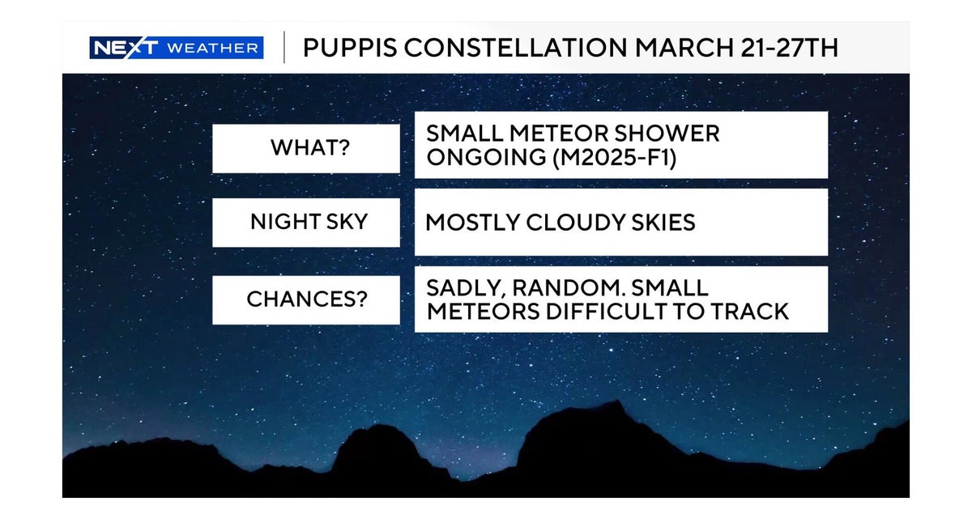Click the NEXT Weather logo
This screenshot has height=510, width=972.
[176, 48]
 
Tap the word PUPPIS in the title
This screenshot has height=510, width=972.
[349, 48]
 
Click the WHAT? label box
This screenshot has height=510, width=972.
[305, 148]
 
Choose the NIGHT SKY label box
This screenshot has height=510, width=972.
[305, 223]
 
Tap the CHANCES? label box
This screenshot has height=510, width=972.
[305, 300]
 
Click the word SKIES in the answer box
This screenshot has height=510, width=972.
[662, 223]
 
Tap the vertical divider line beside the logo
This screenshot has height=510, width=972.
[283, 48]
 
